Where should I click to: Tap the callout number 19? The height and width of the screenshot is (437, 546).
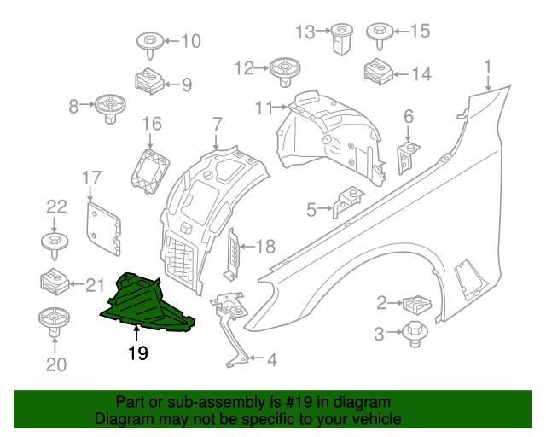pyautogui.click(x=137, y=353)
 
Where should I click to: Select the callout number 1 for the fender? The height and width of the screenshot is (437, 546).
pyautogui.click(x=487, y=66)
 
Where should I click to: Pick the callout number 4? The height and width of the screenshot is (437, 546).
pyautogui.click(x=271, y=361)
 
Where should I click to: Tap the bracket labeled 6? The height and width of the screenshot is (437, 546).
pyautogui.click(x=407, y=154)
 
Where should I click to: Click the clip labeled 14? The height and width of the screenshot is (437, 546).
pyautogui.click(x=376, y=72)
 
